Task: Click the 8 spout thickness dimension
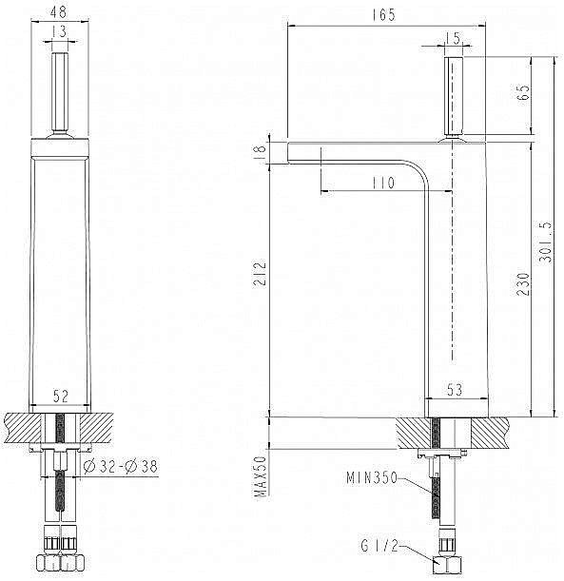coord(260,151)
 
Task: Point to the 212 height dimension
coord(260,278)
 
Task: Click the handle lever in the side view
coord(453,95)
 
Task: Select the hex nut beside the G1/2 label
coord(447,562)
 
